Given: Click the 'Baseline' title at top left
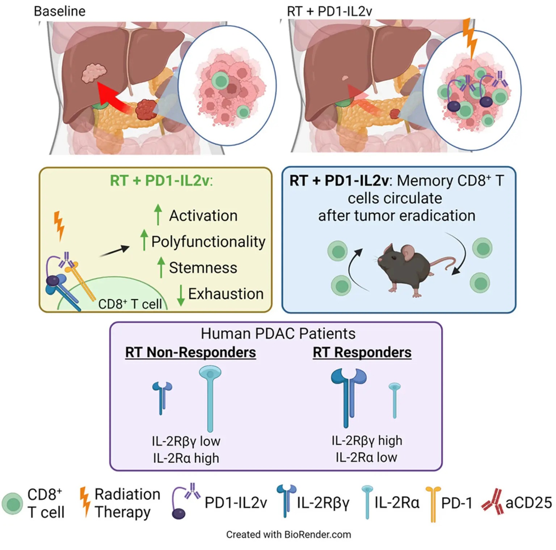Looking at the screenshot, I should coord(60,11).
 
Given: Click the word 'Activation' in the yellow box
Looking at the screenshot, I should coord(203,216).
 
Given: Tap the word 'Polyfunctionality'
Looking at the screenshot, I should coord(208,242).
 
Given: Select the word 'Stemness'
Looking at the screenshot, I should coord(203,268).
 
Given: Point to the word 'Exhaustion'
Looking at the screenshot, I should coord(226,294).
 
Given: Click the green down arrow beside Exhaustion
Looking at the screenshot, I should coord(181,295).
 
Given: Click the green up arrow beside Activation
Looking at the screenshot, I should coord(158,214).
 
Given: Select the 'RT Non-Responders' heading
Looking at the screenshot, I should coord(190,352).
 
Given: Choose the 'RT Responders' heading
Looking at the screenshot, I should coord(362,352).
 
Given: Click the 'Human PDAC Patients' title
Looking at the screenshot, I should coord(278,334).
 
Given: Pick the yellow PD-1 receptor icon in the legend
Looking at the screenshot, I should coord(433,503).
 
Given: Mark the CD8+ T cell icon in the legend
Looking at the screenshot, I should coord(13,503).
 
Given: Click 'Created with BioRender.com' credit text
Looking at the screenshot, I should coord(288,534).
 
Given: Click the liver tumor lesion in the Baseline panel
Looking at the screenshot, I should coord(94,73).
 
